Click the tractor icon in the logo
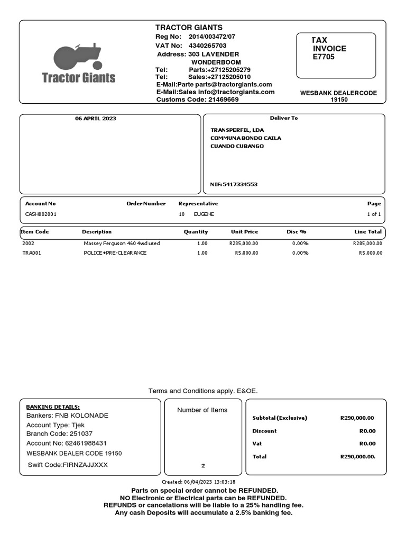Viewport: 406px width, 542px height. [77, 57]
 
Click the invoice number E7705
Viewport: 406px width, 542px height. [324, 57]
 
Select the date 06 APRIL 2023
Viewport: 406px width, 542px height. [95, 119]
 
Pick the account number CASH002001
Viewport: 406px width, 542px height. [41, 214]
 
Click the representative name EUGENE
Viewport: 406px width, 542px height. [204, 214]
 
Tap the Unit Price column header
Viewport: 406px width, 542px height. [244, 232]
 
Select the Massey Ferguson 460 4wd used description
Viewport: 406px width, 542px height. [122, 243]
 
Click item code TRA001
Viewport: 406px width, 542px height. [31, 253]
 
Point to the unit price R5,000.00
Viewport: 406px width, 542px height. [246, 253]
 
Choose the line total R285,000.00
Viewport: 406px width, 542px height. [367, 243]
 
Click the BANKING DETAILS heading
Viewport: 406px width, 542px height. [53, 406]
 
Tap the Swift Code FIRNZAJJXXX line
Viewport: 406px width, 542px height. [68, 465]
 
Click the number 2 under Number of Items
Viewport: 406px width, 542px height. [203, 466]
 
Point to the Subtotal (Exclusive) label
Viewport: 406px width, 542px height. [280, 418]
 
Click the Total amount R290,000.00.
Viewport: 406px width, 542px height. [357, 456]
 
